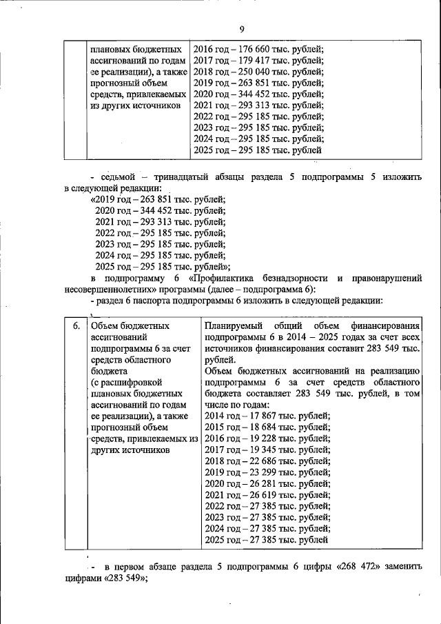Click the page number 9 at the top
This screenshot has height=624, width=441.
(x=242, y=28)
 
